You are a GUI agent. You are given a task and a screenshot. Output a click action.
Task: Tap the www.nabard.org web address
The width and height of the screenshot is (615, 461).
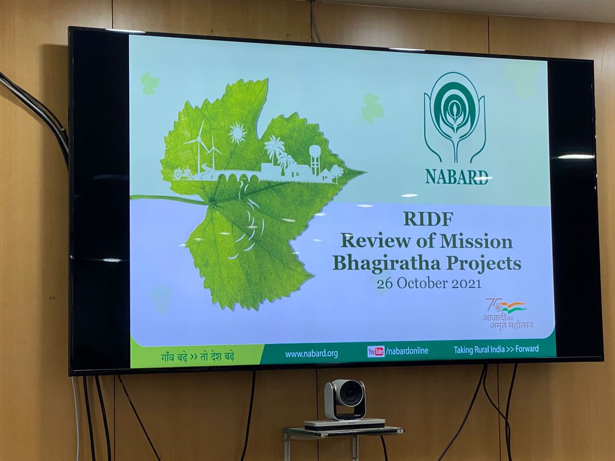pyautogui.click(x=311, y=353)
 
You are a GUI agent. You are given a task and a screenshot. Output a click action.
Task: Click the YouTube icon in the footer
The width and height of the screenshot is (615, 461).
pyautogui.click(x=376, y=351)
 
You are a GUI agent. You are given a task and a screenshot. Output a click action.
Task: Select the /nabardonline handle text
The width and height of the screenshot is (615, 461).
pyautogui.click(x=407, y=351)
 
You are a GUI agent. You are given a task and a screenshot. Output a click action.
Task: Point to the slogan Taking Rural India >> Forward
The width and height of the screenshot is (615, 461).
pyautogui.click(x=496, y=349)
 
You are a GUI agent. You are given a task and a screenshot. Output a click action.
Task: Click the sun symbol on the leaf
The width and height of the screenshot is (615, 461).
pyautogui.click(x=237, y=133)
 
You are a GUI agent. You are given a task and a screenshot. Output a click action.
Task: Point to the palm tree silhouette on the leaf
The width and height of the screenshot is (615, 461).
pyautogui.click(x=274, y=149)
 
